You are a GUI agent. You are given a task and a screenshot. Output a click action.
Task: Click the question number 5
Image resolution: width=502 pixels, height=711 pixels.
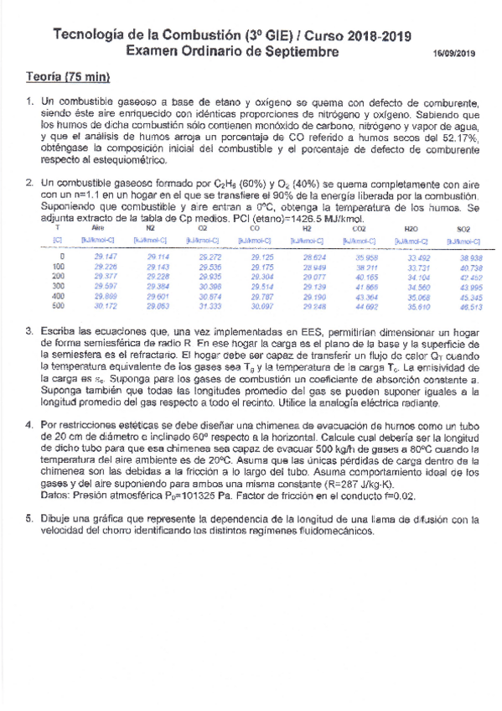coord(29,520)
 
